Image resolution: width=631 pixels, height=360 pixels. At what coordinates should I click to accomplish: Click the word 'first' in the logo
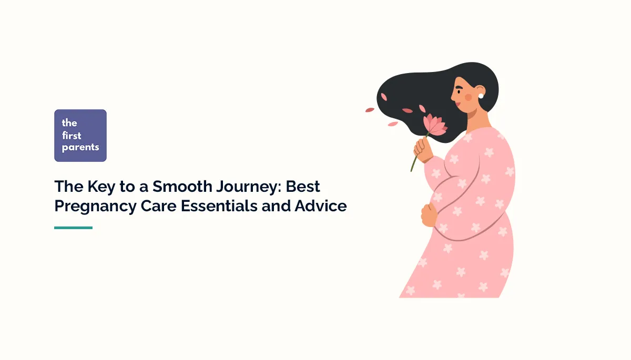(72, 136)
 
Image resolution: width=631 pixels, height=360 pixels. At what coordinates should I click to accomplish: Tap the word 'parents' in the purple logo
(80, 148)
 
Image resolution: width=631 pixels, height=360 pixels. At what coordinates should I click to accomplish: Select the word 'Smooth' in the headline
(182, 187)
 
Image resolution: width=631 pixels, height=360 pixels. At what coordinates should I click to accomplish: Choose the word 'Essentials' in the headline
(219, 206)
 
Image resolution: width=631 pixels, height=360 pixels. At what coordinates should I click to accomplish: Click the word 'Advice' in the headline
(321, 206)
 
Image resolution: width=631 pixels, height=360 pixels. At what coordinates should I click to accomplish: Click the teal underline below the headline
(73, 228)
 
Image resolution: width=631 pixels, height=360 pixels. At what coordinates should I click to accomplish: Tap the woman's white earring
(481, 96)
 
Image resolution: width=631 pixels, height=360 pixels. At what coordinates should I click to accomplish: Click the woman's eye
(460, 91)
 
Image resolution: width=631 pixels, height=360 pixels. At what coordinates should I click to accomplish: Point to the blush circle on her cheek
(468, 97)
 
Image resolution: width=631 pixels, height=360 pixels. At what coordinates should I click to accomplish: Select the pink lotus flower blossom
(434, 125)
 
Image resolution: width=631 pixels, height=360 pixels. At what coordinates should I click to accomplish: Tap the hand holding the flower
(423, 149)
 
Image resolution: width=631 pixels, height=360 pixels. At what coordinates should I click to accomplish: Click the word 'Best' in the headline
(303, 187)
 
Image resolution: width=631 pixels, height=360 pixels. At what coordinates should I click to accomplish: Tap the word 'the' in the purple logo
(69, 123)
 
